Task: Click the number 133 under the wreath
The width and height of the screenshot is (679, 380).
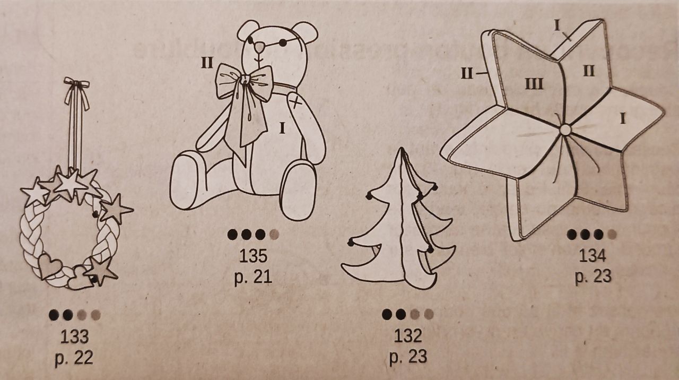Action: pyautogui.click(x=75, y=336)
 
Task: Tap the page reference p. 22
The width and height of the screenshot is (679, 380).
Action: pyautogui.click(x=74, y=358)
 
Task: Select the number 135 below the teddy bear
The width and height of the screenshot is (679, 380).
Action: pyautogui.click(x=254, y=256)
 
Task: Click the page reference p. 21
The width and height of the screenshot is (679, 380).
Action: pyautogui.click(x=253, y=277)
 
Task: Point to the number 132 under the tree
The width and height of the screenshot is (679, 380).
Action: pyautogui.click(x=408, y=336)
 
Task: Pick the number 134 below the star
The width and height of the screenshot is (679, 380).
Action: pyautogui.click(x=593, y=255)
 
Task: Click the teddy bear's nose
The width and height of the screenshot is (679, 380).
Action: pyautogui.click(x=259, y=47)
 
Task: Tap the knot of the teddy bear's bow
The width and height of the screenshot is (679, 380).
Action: pyautogui.click(x=243, y=80)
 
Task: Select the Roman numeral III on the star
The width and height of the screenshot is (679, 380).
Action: pyautogui.click(x=534, y=84)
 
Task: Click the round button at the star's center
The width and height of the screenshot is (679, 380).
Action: pyautogui.click(x=565, y=130)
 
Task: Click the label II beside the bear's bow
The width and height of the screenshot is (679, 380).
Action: pyautogui.click(x=207, y=63)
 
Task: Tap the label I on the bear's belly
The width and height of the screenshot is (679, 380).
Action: pyautogui.click(x=282, y=128)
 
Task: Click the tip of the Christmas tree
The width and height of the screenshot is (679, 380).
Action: pyautogui.click(x=402, y=148)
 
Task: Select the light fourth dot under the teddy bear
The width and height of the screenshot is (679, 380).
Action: pyautogui.click(x=274, y=235)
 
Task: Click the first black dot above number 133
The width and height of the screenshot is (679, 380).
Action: pyautogui.click(x=54, y=315)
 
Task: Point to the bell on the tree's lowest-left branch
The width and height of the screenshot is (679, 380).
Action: pyautogui.click(x=351, y=242)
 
